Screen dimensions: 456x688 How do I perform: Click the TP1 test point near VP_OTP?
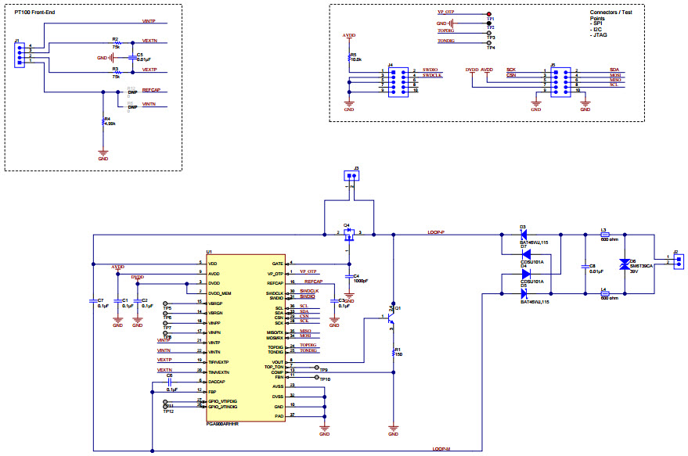coord(489,15)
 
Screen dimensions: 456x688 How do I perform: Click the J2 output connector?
coord(679,259)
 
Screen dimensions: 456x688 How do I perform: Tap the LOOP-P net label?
coord(436,232)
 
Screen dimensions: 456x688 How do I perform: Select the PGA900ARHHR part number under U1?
coord(222,423)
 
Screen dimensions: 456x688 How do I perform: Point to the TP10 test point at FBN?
coord(317,378)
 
